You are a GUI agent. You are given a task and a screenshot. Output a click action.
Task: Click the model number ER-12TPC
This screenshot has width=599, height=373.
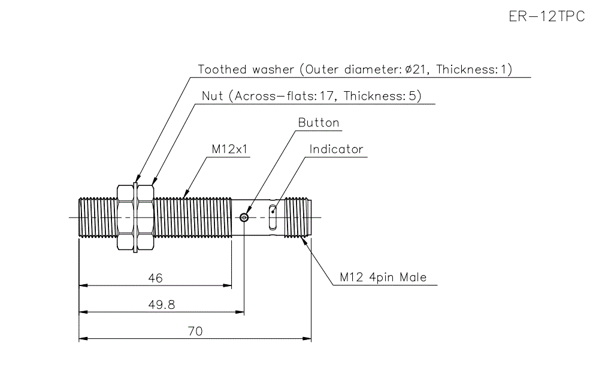[546, 17]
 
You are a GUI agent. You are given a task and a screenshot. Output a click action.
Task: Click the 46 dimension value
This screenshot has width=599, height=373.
[155, 278]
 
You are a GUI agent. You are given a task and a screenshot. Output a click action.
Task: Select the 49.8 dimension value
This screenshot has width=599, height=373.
[161, 305]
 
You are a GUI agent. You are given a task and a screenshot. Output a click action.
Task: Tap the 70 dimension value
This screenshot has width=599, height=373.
[195, 332]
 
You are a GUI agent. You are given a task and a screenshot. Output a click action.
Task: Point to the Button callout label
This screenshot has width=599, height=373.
[319, 123]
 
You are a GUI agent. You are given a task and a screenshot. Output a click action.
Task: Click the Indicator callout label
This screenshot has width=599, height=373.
[336, 149]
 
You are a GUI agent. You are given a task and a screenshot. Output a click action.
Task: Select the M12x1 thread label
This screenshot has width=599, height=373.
[230, 149]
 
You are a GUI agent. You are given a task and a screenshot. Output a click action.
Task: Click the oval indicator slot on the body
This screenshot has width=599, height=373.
[273, 217]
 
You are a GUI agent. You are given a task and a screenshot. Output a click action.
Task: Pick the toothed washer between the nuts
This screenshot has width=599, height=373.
[136, 217]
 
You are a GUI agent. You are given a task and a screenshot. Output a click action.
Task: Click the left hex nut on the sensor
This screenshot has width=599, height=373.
[126, 217]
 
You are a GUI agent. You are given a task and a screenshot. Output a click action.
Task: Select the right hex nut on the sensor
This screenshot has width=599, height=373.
[146, 217]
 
